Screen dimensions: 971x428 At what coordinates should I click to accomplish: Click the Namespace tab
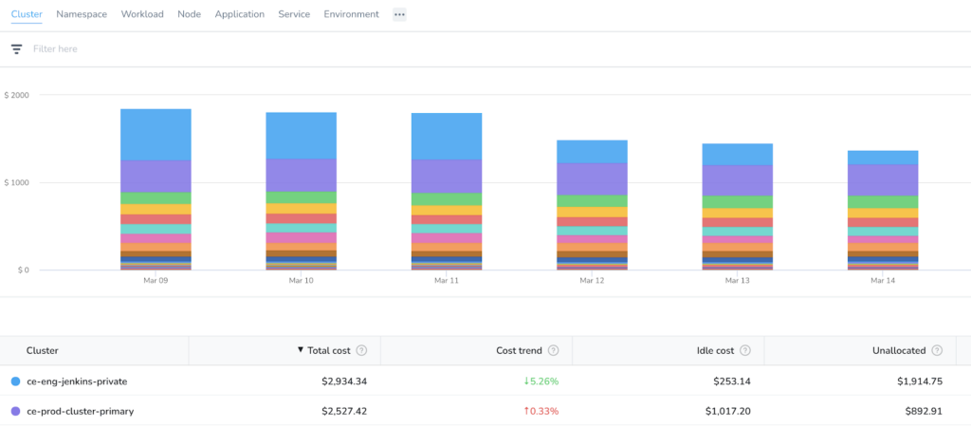tap(82, 14)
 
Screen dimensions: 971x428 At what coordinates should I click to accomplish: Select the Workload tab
tap(142, 14)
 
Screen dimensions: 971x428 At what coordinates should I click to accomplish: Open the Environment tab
tap(351, 14)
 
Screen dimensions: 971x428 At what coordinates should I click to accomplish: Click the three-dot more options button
tap(399, 14)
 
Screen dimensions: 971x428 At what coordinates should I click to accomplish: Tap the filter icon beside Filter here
tap(17, 49)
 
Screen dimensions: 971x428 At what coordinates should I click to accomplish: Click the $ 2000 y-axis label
tap(17, 95)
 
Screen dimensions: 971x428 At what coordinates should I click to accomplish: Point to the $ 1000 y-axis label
tap(17, 183)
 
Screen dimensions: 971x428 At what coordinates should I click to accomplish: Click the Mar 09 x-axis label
tap(155, 281)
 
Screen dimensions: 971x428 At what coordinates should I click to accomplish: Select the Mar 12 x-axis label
tap(592, 281)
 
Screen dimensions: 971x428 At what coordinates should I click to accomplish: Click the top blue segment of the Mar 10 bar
tap(301, 136)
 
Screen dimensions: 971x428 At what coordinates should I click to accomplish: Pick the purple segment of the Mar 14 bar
tap(883, 180)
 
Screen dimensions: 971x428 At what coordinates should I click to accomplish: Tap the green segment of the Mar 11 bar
tap(447, 199)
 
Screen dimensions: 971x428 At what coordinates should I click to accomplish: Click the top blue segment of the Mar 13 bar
tap(737, 155)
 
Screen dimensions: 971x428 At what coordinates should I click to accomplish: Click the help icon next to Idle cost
tap(745, 350)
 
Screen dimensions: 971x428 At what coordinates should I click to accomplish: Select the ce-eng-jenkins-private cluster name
tap(78, 381)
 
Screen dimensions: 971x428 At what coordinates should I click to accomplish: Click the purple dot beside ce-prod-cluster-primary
tap(15, 411)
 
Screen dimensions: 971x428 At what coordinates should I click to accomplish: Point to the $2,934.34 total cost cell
tap(344, 381)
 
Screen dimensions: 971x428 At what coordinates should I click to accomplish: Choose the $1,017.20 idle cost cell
tap(727, 411)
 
